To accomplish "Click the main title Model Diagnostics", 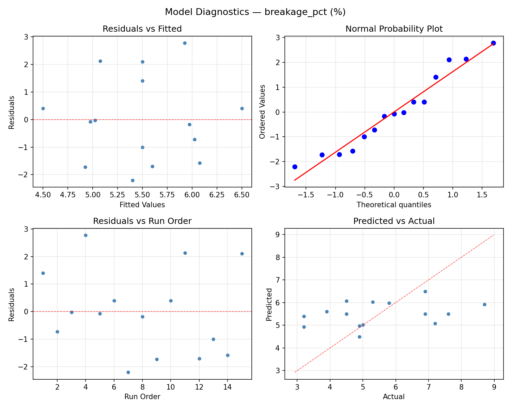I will point(255,12).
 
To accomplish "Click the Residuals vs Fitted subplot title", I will point(142,29).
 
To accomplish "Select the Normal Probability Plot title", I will point(394,29).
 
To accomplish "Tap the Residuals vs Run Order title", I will point(142,221).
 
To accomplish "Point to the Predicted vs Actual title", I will point(394,221).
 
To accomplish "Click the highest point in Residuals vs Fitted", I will point(185,43).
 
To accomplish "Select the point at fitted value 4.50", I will point(43,108).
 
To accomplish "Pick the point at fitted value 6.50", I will point(242,108).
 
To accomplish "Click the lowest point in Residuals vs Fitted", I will point(133,180).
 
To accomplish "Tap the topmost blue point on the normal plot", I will point(493,43).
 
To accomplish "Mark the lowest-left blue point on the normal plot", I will point(295,167).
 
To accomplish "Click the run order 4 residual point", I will point(86,235).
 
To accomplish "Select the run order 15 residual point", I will point(242,254).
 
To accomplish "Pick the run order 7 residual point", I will point(128,372).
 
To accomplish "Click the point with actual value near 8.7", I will point(484,304).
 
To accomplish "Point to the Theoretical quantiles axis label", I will point(394,205).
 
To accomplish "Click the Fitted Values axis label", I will point(142,205).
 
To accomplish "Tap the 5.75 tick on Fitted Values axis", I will point(167,195).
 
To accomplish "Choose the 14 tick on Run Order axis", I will point(228,387).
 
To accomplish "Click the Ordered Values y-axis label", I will point(262,112).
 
